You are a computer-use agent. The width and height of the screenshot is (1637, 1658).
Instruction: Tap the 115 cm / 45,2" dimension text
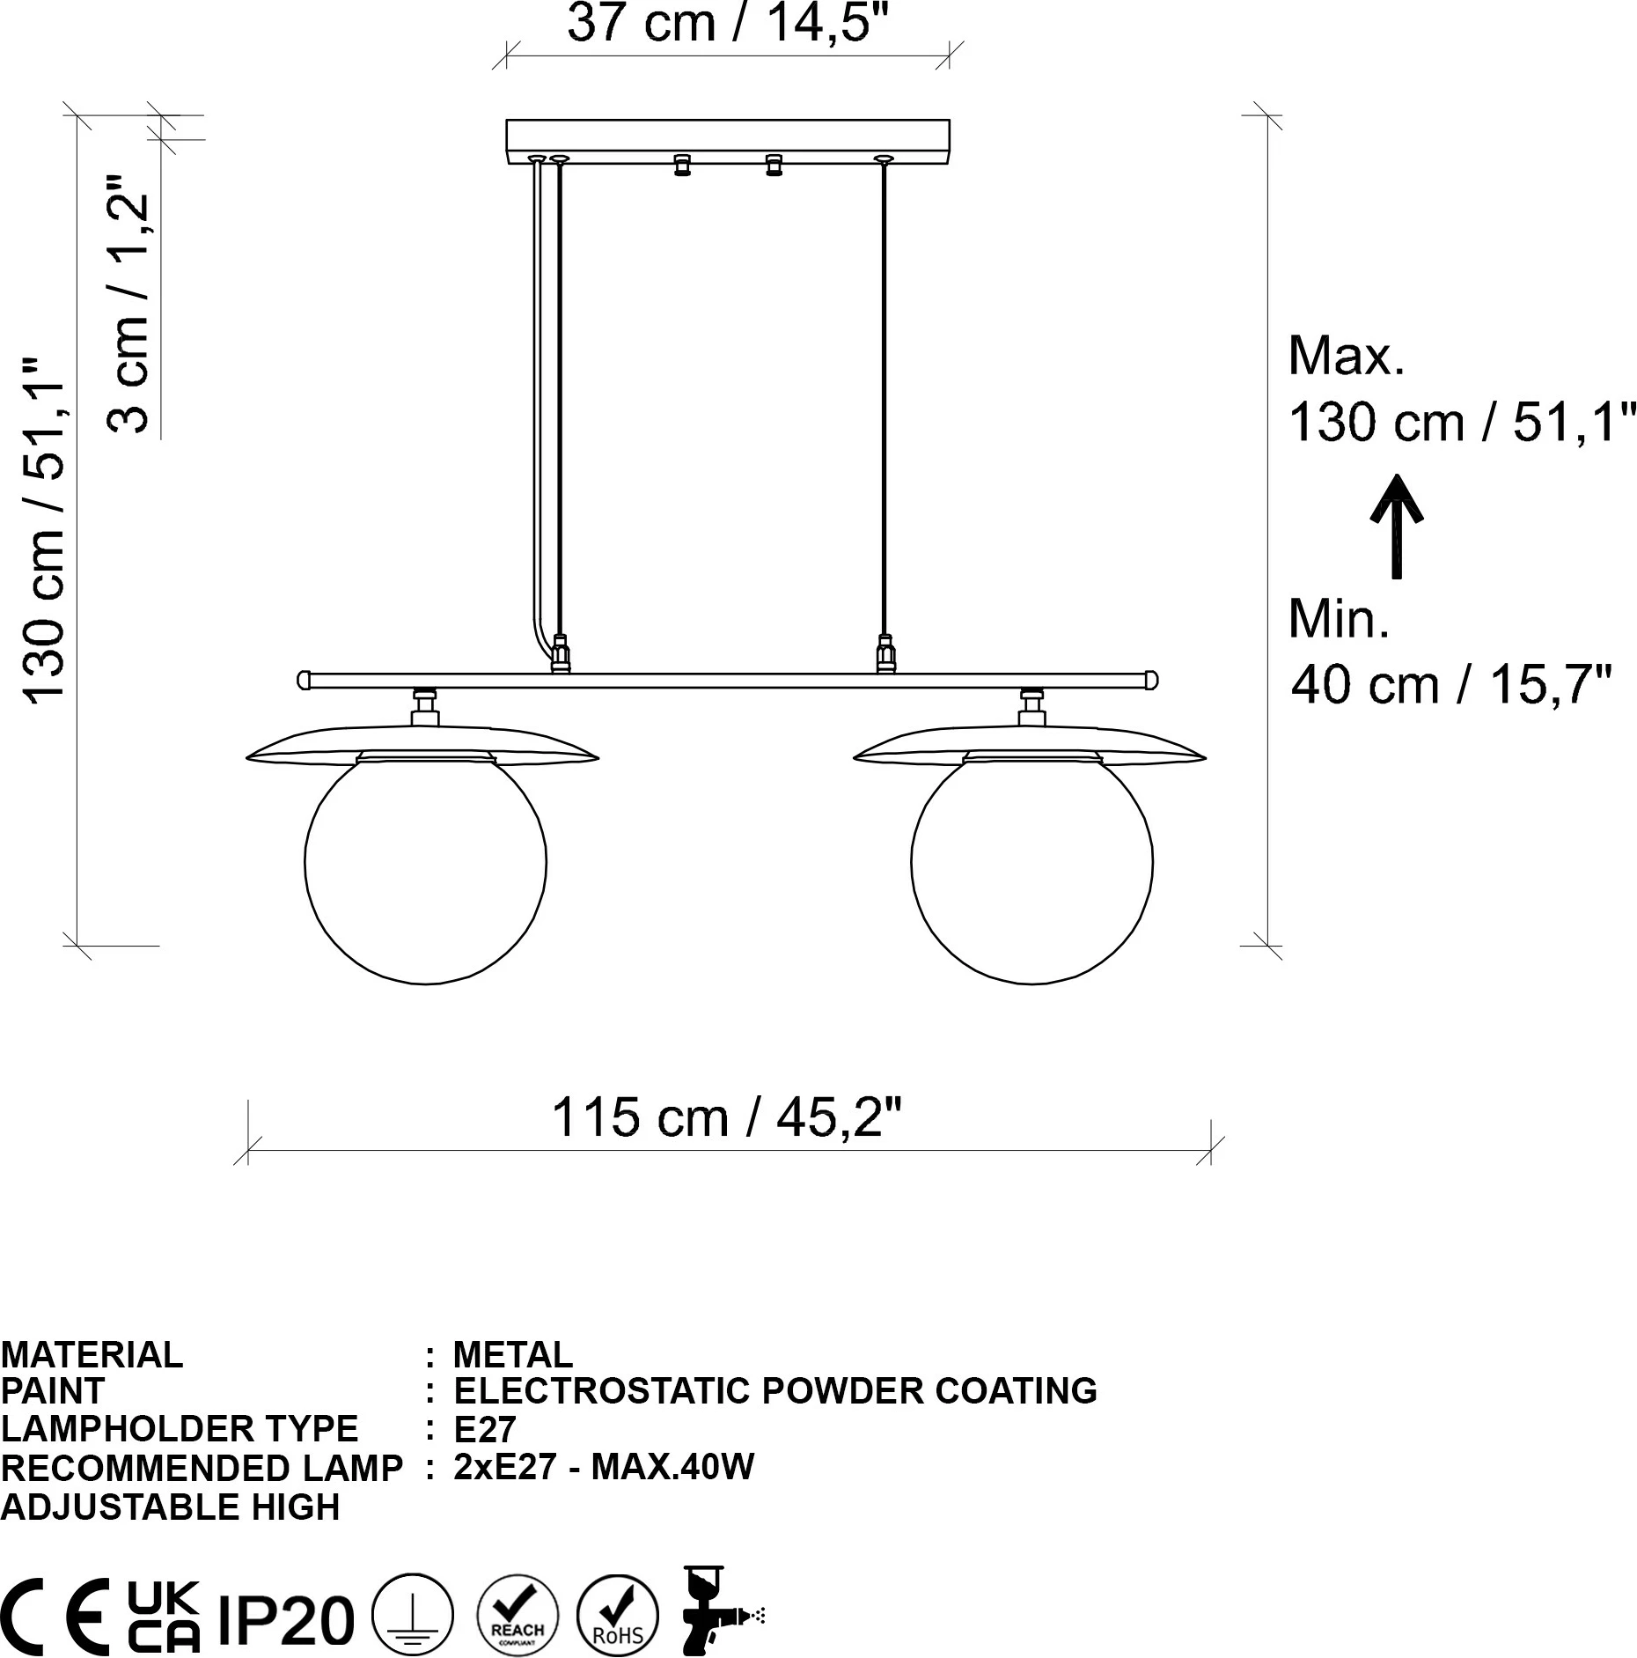click(727, 1117)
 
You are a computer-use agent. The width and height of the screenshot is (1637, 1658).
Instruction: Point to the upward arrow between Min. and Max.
click(1396, 527)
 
